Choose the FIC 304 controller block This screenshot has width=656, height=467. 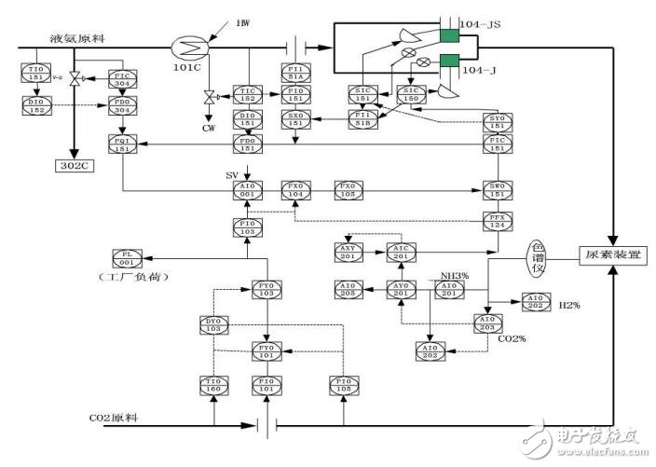tap(123, 78)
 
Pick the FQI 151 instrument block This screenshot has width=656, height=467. tap(123, 144)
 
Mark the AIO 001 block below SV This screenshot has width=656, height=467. tap(247, 190)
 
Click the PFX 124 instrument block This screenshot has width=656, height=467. tap(496, 220)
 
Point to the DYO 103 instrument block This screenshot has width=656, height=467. tap(214, 324)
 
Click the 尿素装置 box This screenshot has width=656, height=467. tap(612, 254)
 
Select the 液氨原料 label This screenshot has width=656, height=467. tap(76, 38)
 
